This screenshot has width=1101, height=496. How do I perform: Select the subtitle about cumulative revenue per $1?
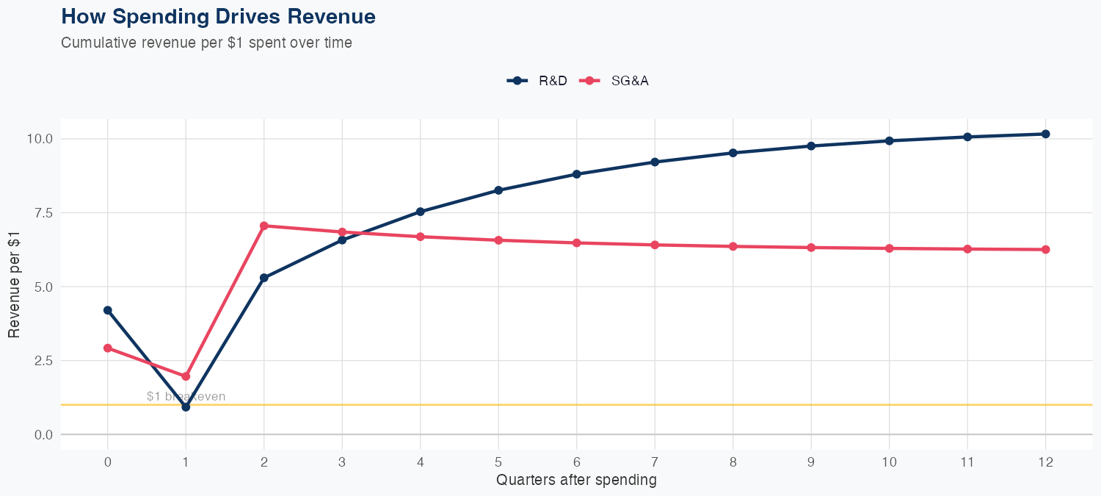(x=206, y=43)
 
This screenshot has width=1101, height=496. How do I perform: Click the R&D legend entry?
(x=538, y=81)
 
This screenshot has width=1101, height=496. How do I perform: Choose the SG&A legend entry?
(x=614, y=81)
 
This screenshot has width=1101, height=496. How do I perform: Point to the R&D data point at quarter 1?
(x=186, y=407)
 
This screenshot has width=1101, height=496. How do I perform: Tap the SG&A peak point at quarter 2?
(x=264, y=226)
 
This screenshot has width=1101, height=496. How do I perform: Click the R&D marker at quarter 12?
(x=1045, y=134)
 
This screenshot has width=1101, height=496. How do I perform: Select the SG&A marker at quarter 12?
(x=1045, y=250)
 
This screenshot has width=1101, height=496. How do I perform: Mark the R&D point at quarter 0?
(x=108, y=310)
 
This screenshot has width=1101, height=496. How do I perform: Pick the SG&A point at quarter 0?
(x=108, y=348)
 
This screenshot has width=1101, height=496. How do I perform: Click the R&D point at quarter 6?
(x=576, y=174)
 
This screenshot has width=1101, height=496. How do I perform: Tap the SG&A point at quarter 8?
(x=733, y=246)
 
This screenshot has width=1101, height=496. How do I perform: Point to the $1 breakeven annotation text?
(x=186, y=397)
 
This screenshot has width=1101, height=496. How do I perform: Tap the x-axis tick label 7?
(x=655, y=462)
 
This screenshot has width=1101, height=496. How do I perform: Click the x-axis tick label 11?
(x=967, y=462)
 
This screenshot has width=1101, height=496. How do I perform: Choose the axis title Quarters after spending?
(x=576, y=481)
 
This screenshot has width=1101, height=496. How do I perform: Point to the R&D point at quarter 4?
(x=421, y=212)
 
